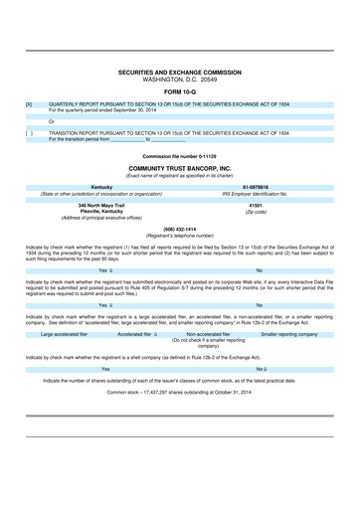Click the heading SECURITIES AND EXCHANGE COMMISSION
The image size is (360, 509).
pos(180,73)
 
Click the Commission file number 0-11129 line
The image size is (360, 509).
pos(180,157)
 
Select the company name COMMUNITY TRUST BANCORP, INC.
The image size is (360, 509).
pos(180,169)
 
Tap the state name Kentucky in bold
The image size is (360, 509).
pos(101,186)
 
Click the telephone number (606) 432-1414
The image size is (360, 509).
pos(180,229)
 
